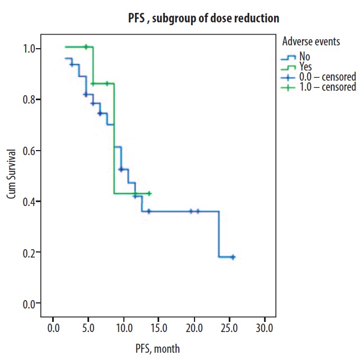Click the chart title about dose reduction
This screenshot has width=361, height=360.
click(203, 19)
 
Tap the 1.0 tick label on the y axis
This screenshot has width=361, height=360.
click(28, 49)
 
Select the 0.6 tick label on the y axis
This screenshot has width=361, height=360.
click(28, 151)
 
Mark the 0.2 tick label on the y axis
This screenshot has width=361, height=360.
click(28, 253)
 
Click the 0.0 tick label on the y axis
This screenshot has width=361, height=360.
click(28, 303)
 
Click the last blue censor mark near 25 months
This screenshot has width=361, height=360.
click(233, 257)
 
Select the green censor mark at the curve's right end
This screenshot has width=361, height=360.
click(149, 194)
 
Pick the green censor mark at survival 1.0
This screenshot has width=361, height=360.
click(86, 47)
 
